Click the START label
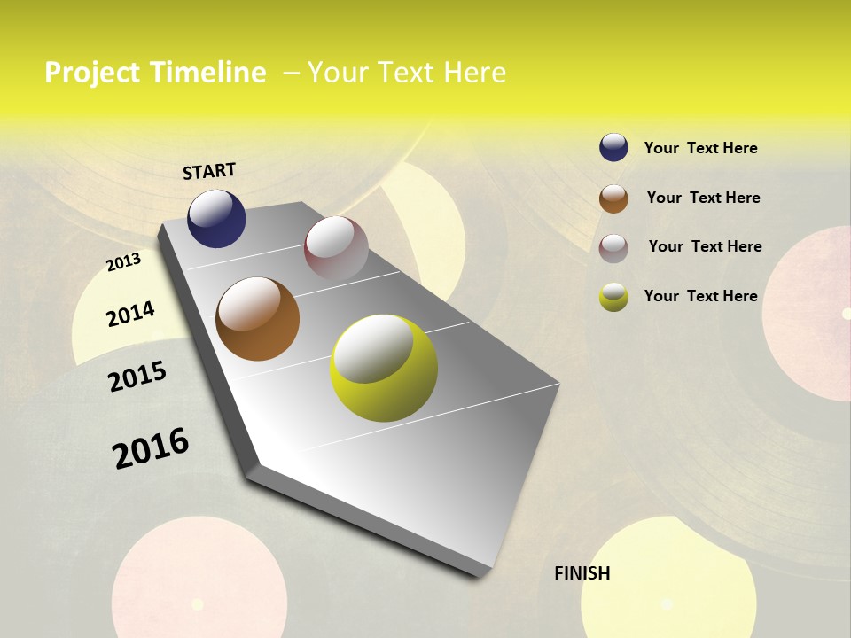click(x=209, y=171)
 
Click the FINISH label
click(x=582, y=573)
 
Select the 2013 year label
click(x=123, y=262)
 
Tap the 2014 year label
click(x=130, y=314)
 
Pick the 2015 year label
click(x=137, y=377)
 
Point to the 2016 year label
click(x=151, y=447)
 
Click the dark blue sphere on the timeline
click(x=216, y=219)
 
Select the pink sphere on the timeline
click(x=336, y=248)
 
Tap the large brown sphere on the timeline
click(x=258, y=319)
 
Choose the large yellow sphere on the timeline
click(x=384, y=368)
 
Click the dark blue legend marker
click(x=613, y=147)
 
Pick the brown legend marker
click(x=613, y=198)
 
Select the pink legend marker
click(x=613, y=248)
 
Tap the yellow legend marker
click(x=613, y=297)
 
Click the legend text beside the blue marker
click(x=700, y=148)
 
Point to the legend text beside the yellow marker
click(x=700, y=296)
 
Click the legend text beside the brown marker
click(x=703, y=198)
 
